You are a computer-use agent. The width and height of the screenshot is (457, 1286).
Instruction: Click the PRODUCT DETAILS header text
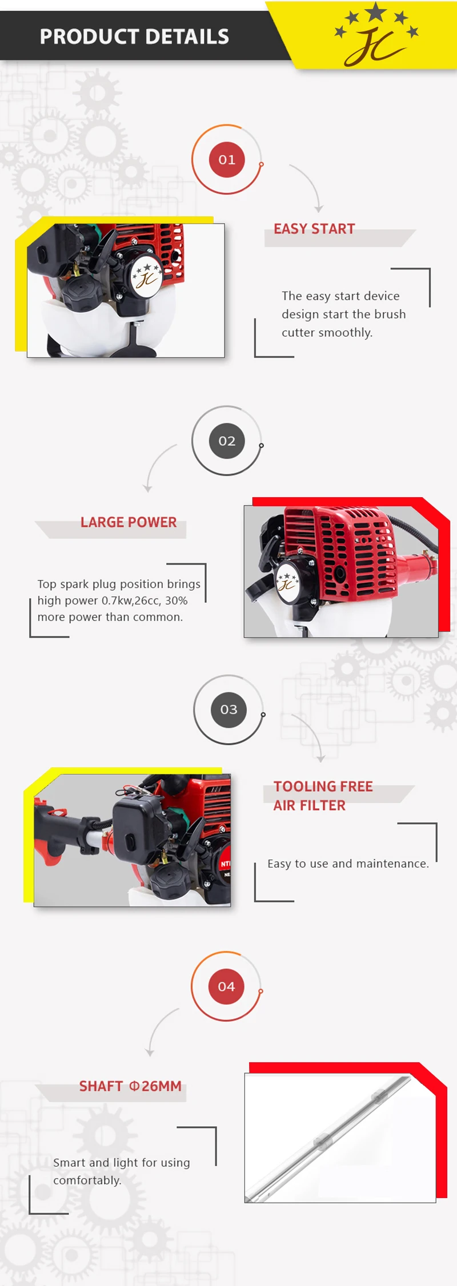pos(134,37)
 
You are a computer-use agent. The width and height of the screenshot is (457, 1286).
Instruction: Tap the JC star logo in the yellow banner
pos(376,35)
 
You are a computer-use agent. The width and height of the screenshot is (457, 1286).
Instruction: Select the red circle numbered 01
pos(227,160)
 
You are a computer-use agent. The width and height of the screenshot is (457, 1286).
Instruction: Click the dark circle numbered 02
pos(227,441)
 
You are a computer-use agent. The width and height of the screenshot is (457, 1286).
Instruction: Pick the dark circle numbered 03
pos(228,709)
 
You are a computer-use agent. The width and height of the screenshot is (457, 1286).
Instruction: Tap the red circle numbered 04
pos(226,986)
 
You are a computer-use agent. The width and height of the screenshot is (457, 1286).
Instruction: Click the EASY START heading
pos(314,229)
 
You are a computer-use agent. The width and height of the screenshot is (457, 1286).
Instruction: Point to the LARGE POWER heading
pos(129,522)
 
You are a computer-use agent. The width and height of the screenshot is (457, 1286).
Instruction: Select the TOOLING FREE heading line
pos(323,787)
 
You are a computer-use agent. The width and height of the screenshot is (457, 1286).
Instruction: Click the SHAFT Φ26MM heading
pos(130,1086)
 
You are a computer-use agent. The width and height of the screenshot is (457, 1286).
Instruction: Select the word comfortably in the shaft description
pos(87,1180)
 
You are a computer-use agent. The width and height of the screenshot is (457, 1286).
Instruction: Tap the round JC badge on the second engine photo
pos(288,582)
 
